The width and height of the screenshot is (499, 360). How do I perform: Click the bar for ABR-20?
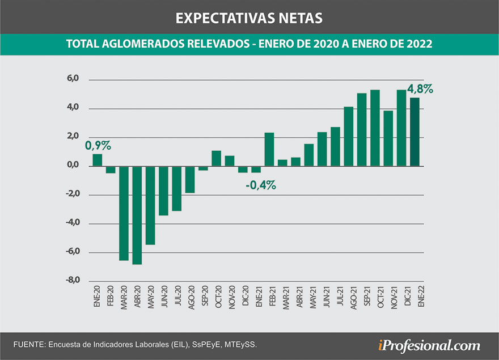click(137, 215)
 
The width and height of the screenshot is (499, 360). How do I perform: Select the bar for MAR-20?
click(124, 213)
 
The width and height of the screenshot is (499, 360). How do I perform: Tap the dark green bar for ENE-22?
click(415, 132)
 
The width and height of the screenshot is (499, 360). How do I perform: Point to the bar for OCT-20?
click(217, 158)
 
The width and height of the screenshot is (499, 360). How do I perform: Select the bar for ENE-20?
click(98, 160)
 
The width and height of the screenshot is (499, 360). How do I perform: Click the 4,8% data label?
click(420, 89)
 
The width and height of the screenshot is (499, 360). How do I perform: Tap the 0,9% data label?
click(98, 146)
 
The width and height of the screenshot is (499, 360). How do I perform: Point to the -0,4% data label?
click(260, 185)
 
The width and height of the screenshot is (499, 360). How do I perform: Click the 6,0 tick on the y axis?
click(73, 79)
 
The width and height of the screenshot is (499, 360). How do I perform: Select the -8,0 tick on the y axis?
click(72, 281)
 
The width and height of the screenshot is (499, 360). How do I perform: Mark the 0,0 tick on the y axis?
click(73, 166)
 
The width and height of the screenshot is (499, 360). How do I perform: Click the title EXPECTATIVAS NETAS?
click(249, 18)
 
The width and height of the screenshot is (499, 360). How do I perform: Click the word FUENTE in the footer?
click(29, 345)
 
